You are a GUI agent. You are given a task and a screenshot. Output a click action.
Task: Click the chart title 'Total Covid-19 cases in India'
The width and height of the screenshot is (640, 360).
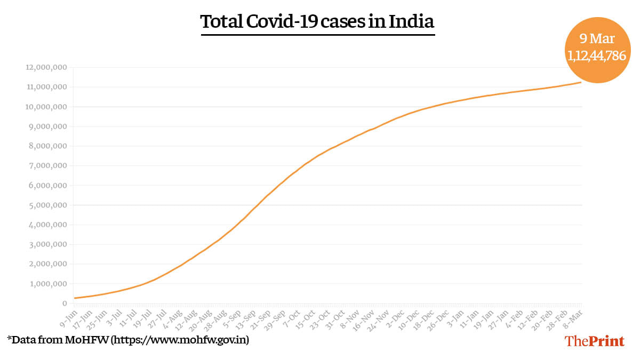click(x=317, y=22)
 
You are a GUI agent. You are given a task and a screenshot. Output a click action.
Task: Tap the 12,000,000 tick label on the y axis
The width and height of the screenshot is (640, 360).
click(x=46, y=68)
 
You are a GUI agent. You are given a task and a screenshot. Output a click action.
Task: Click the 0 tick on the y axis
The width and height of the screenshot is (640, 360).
click(x=64, y=303)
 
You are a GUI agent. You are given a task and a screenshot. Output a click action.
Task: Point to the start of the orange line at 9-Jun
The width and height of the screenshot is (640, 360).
click(x=75, y=298)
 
